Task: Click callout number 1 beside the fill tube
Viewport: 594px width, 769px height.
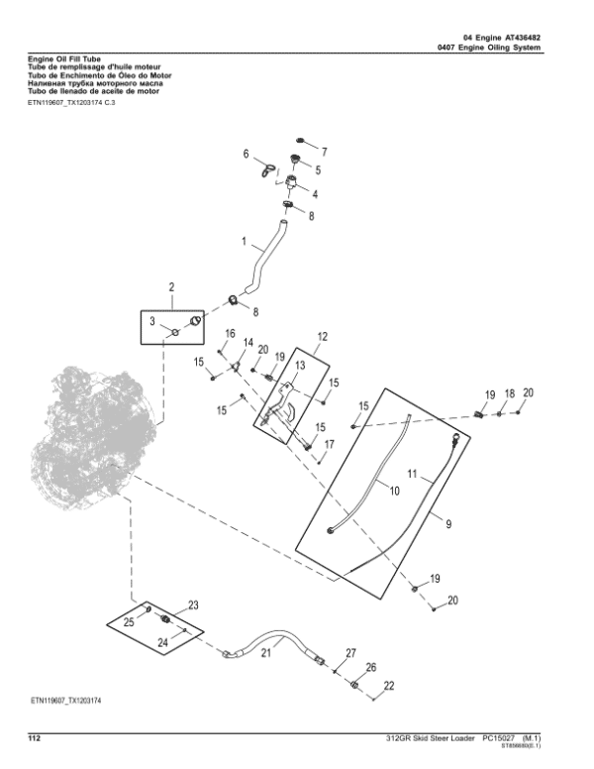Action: coord(244,241)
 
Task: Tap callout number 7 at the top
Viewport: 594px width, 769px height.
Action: coord(323,152)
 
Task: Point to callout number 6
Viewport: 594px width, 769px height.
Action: coord(247,154)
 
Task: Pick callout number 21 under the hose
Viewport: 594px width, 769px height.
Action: coord(265,653)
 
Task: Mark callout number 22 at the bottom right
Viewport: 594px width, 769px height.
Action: coord(388,685)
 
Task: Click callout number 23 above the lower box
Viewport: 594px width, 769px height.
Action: coord(193,604)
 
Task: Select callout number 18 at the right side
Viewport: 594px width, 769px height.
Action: coord(510,393)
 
